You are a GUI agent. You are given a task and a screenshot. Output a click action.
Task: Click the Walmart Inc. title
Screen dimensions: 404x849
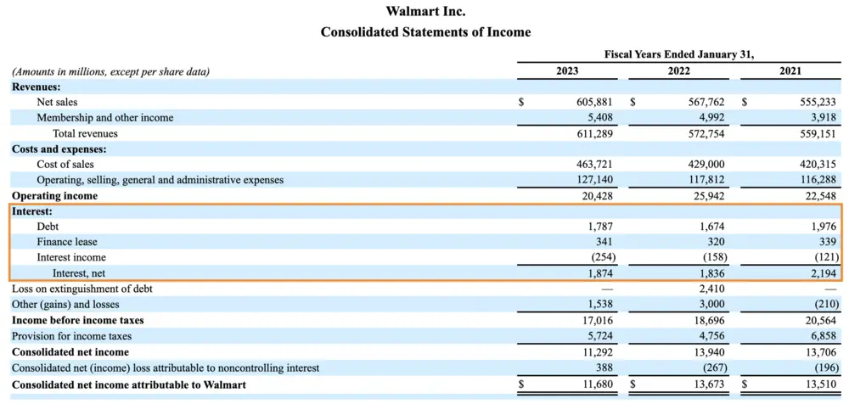click(425, 12)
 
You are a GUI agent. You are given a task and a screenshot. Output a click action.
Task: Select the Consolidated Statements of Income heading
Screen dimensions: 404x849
click(425, 32)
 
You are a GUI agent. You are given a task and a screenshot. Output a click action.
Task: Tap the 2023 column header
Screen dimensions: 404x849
click(567, 71)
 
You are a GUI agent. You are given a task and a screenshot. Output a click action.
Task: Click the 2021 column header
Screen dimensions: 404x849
click(790, 71)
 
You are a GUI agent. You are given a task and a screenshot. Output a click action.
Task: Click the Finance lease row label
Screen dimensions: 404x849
click(66, 242)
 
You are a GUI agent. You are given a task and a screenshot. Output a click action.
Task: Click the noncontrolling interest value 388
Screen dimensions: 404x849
click(603, 368)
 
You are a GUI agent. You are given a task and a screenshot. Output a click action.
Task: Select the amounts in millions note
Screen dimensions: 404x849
click(110, 71)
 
